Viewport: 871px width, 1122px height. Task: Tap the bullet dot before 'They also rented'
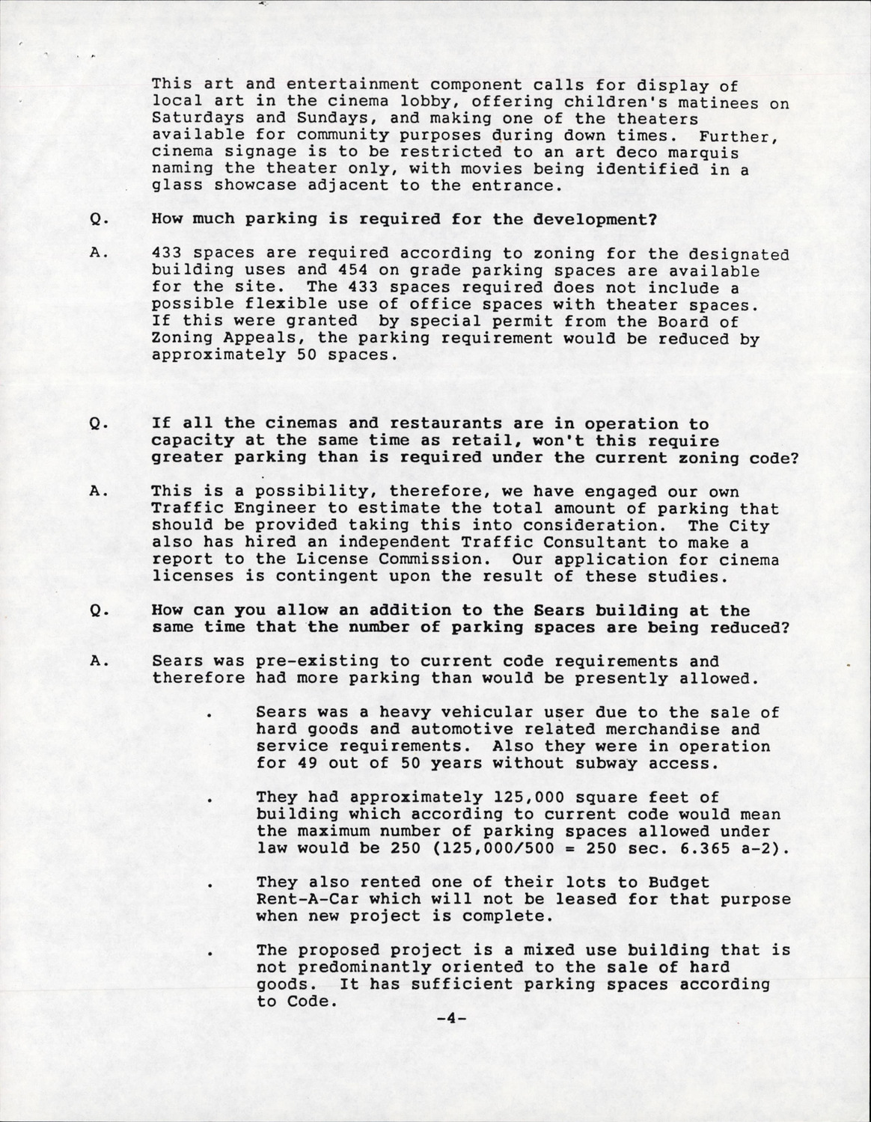tap(213, 884)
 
